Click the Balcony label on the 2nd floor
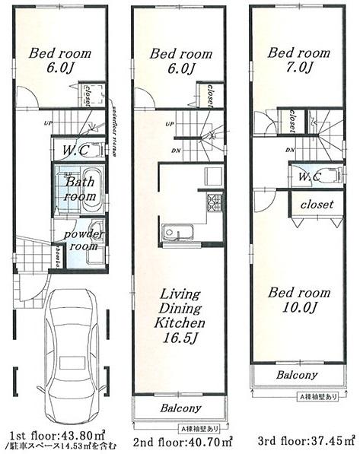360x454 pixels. pyautogui.click(x=180, y=408)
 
